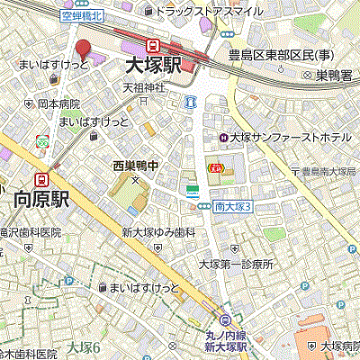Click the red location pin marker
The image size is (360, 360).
coord(83,48)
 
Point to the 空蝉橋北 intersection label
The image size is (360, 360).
coord(82,15)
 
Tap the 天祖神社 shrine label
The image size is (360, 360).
coord(144,88)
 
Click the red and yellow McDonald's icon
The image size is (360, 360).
coord(216,167)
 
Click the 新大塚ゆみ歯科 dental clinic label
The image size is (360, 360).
coord(159,232)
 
